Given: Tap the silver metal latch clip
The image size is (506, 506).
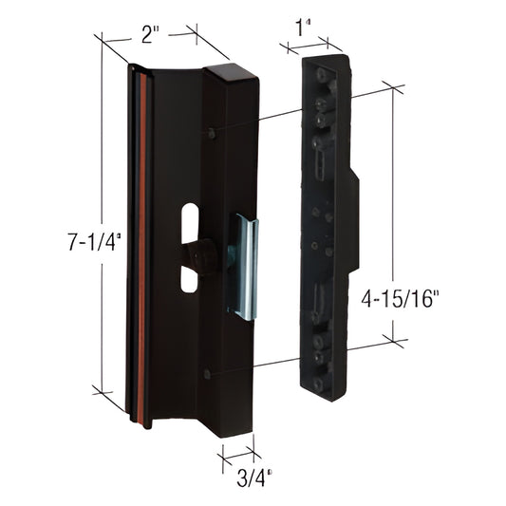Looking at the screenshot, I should pos(245,266).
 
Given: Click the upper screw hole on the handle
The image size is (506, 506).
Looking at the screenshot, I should pos(209,133).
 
